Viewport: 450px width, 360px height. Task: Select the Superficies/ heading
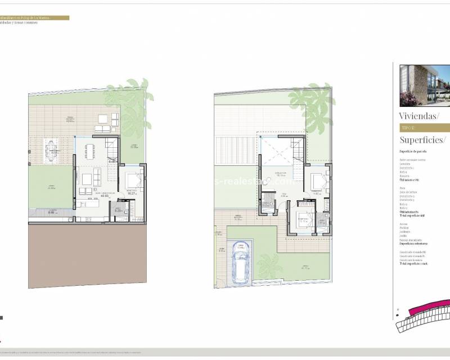422,139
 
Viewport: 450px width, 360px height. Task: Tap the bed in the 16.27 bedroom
134,181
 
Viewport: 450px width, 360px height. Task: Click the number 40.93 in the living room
89,196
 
